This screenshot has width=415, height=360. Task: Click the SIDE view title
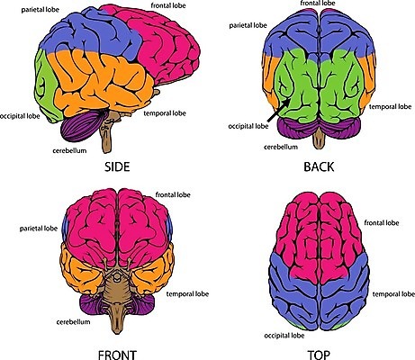point(117,166)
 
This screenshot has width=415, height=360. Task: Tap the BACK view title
point(319,166)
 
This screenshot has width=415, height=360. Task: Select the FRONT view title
point(117,355)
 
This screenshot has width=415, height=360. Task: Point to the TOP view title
point(319,355)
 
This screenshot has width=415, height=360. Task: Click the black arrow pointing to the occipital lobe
point(278,110)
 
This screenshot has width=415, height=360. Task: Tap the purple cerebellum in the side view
point(82,126)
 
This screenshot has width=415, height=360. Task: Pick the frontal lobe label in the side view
point(168,5)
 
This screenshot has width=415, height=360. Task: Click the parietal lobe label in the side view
point(41,10)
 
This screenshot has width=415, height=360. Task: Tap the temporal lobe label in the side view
point(165,113)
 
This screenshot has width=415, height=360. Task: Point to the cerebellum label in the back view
point(281,147)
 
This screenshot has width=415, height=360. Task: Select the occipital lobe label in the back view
point(248,126)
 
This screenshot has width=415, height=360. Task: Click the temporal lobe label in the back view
point(390,107)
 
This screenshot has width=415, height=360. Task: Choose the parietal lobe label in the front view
point(39,229)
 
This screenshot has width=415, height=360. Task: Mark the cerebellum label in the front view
point(73,322)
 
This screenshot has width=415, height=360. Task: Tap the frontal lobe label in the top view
point(382,223)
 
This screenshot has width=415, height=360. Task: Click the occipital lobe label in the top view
point(284,336)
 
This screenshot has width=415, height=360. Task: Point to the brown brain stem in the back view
point(319,140)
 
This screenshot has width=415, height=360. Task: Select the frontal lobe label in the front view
point(173,195)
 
